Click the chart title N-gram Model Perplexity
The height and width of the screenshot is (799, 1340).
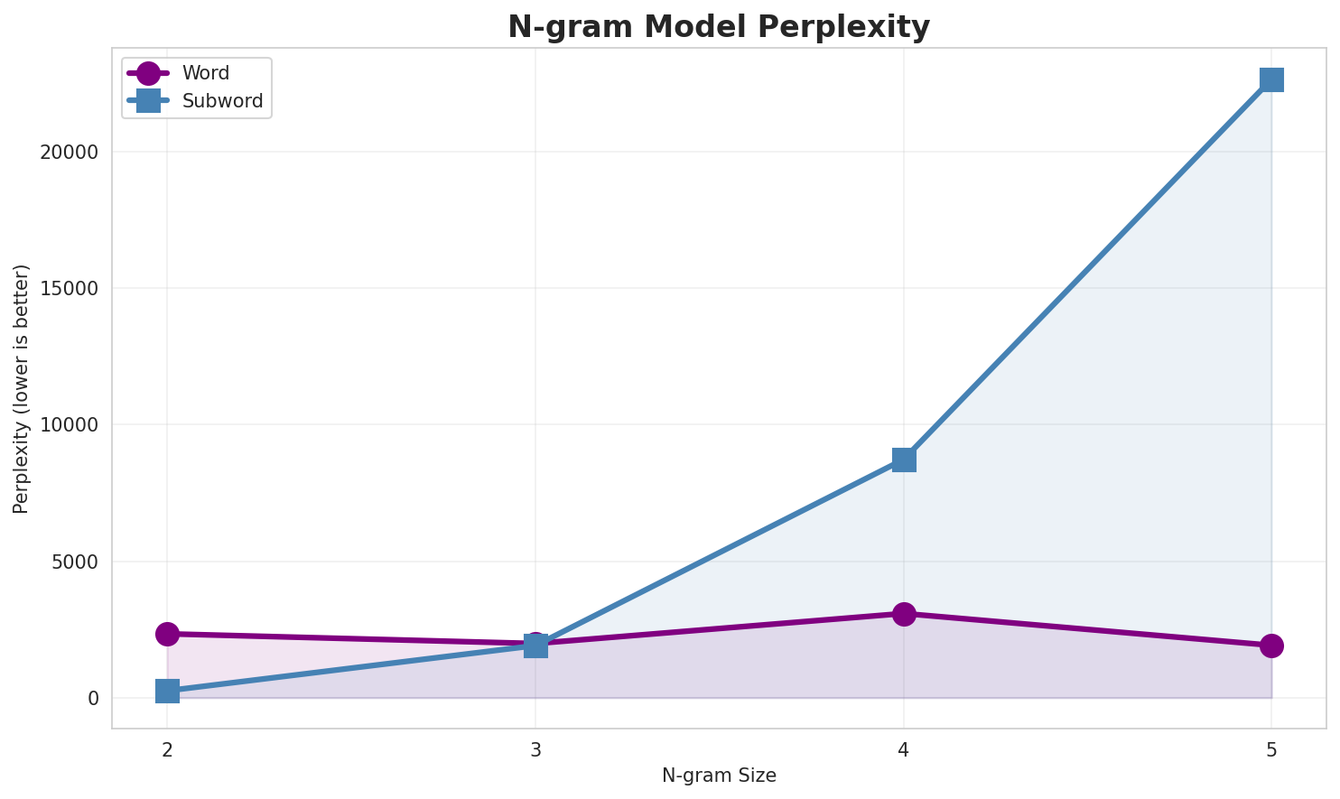(x=718, y=27)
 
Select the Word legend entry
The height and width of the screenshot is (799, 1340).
(x=205, y=73)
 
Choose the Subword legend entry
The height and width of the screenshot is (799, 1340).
(x=222, y=101)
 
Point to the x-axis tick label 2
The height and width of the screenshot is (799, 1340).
(x=167, y=749)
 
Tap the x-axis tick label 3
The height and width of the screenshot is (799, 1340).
(x=535, y=749)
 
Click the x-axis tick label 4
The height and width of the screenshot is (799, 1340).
(x=904, y=749)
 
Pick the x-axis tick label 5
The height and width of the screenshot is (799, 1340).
(x=1271, y=749)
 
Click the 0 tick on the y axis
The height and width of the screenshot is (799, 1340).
(x=93, y=698)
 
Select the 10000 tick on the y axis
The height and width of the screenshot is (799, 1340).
(x=70, y=425)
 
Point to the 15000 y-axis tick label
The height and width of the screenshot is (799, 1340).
(x=70, y=288)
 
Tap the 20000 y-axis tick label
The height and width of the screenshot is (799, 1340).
(x=70, y=152)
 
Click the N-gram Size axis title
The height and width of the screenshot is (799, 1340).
(x=719, y=776)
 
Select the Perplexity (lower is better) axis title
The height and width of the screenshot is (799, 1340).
(x=22, y=388)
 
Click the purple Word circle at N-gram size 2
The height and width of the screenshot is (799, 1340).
(x=167, y=634)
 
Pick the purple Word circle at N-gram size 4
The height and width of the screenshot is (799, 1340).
(x=904, y=614)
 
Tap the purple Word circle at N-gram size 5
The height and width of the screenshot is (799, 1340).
(x=1271, y=646)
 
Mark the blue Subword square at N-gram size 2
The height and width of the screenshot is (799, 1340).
(x=167, y=692)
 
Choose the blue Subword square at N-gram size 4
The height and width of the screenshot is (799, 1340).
(x=904, y=460)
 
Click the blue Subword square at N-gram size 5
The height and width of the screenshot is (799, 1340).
(x=1271, y=79)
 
